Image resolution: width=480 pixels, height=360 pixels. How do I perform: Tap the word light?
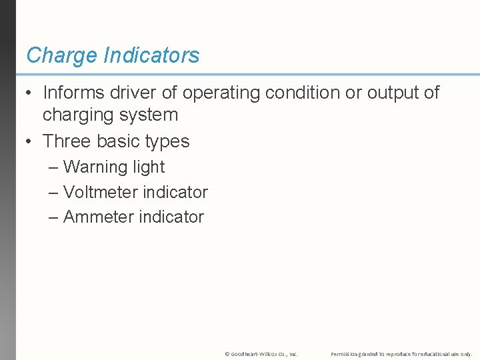tap(148, 167)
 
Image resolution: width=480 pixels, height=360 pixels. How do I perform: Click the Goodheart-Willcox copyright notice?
tap(261, 353)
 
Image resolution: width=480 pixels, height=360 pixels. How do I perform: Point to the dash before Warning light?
tap(53, 167)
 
